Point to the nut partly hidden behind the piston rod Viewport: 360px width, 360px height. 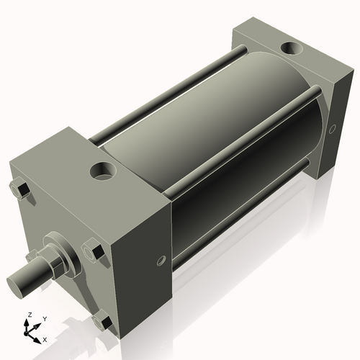pyautogui.click(x=32, y=256)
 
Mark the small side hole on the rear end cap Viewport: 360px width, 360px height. pyautogui.click(x=332, y=130)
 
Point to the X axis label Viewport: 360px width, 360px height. pyautogui.click(x=45, y=338)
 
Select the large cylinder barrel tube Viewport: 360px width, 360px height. pyautogui.click(x=209, y=137)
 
